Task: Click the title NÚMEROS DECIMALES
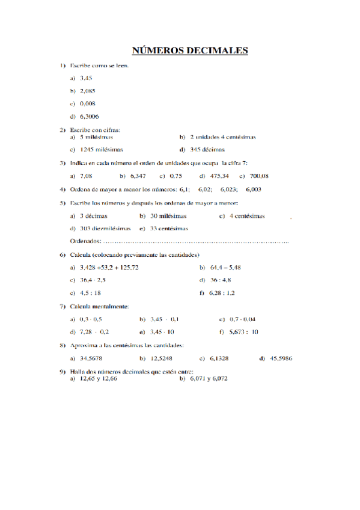[190, 51]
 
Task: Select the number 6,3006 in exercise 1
[90, 117]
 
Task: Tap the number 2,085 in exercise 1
[88, 91]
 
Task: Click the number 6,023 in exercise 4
[228, 189]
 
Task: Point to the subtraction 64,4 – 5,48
[226, 267]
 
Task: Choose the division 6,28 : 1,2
[222, 293]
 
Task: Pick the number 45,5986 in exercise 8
[281, 358]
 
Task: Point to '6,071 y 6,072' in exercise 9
[208, 379]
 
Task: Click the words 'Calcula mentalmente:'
[99, 306]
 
